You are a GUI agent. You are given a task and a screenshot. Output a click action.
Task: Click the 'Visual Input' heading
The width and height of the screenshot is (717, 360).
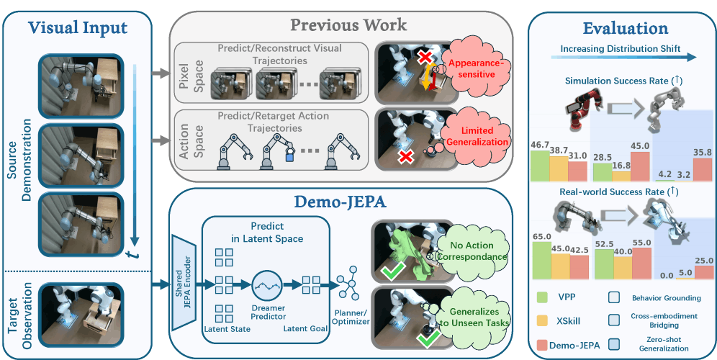78,28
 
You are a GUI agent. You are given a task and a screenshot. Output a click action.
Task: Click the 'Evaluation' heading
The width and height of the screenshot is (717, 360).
625,28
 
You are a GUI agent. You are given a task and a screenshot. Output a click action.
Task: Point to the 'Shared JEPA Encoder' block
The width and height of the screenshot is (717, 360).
184,282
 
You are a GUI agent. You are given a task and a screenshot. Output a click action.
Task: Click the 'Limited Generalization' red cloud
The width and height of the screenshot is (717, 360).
477,136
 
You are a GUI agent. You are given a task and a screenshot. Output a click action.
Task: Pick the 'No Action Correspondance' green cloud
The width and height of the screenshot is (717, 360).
472,251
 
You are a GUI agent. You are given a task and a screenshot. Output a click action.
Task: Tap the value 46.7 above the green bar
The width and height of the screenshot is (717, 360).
539,145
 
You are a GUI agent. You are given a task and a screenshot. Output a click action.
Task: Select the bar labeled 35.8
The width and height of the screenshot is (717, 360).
703,170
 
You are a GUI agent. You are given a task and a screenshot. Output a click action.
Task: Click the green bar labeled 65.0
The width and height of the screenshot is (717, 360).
542,260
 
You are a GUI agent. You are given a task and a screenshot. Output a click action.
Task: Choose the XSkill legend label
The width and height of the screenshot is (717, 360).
569,320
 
